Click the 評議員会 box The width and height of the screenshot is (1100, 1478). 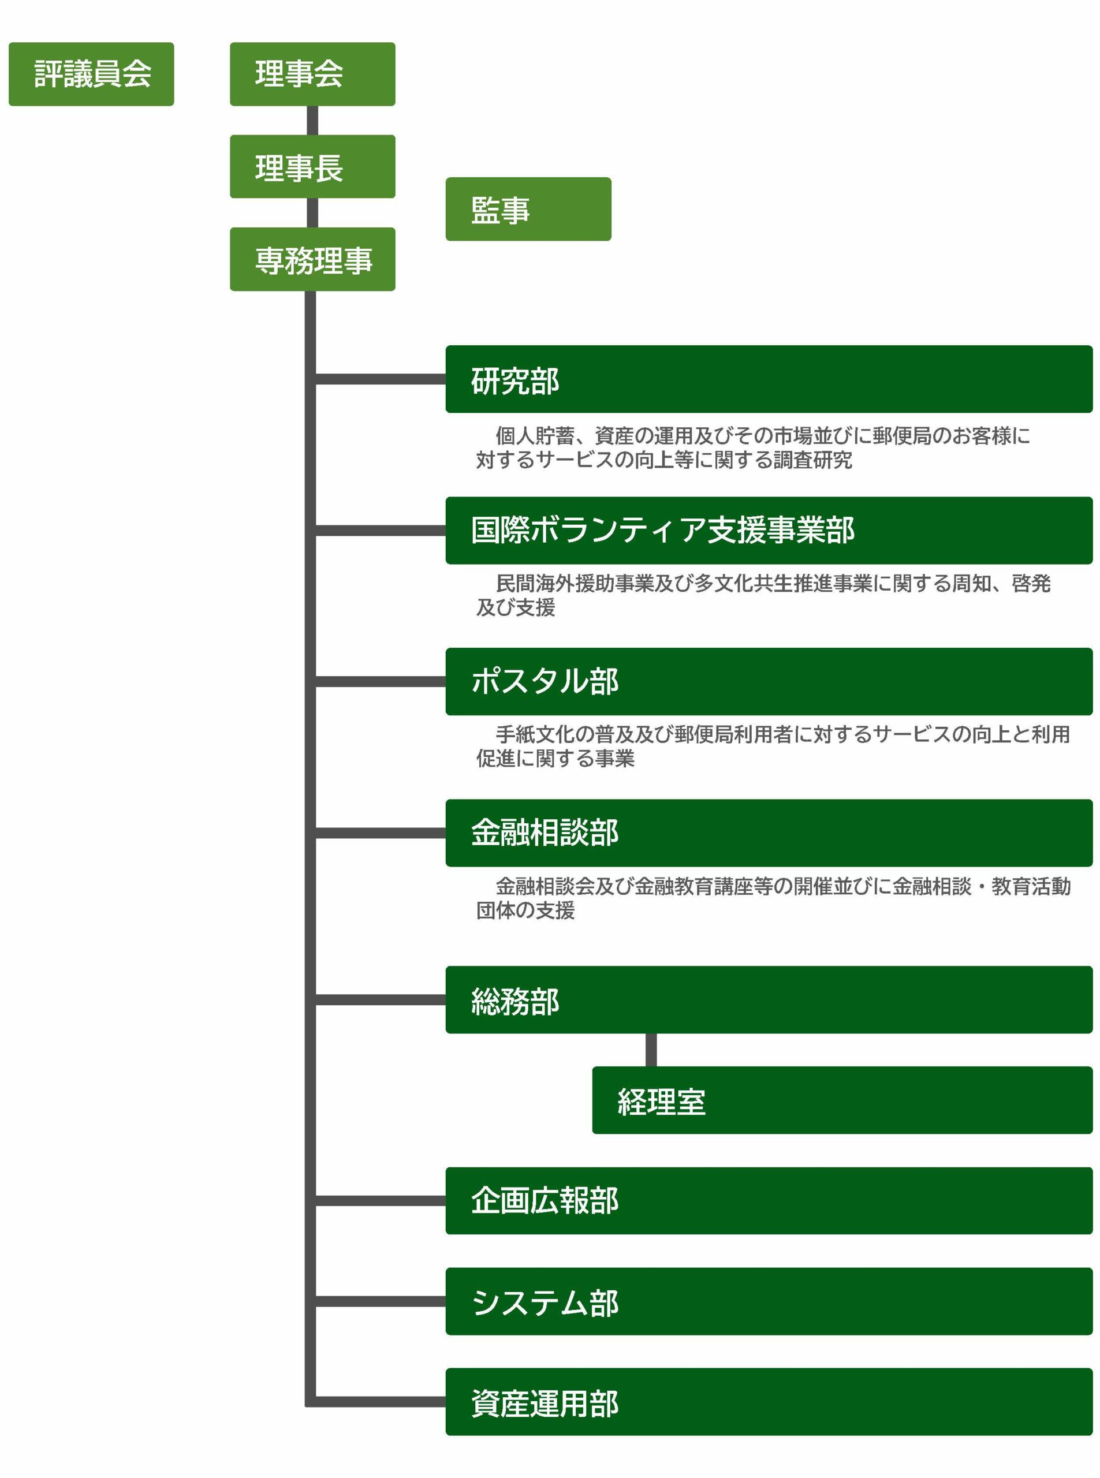[x=91, y=74]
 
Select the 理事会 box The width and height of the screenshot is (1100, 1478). [x=312, y=74]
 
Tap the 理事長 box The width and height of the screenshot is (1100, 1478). [x=312, y=166]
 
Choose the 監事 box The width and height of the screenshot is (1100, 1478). [x=528, y=209]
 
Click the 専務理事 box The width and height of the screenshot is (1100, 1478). [x=312, y=259]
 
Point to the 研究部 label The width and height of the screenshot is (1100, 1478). [x=514, y=381]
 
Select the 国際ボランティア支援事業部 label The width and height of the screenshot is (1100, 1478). [x=662, y=530]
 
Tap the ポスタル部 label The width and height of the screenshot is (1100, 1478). [x=545, y=681]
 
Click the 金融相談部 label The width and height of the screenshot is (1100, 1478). [x=545, y=832]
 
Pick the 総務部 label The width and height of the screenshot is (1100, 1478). [x=514, y=1001]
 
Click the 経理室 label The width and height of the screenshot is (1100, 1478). [x=661, y=1101]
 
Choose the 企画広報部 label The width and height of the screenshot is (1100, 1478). [x=545, y=1200]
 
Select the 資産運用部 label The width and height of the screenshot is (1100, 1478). [x=545, y=1403]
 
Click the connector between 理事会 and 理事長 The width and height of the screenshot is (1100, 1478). [x=312, y=121]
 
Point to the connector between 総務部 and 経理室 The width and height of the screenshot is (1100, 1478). [x=651, y=1050]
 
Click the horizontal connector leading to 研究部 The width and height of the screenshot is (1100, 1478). [x=380, y=379]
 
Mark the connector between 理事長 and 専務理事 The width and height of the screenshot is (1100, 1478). [x=312, y=213]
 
